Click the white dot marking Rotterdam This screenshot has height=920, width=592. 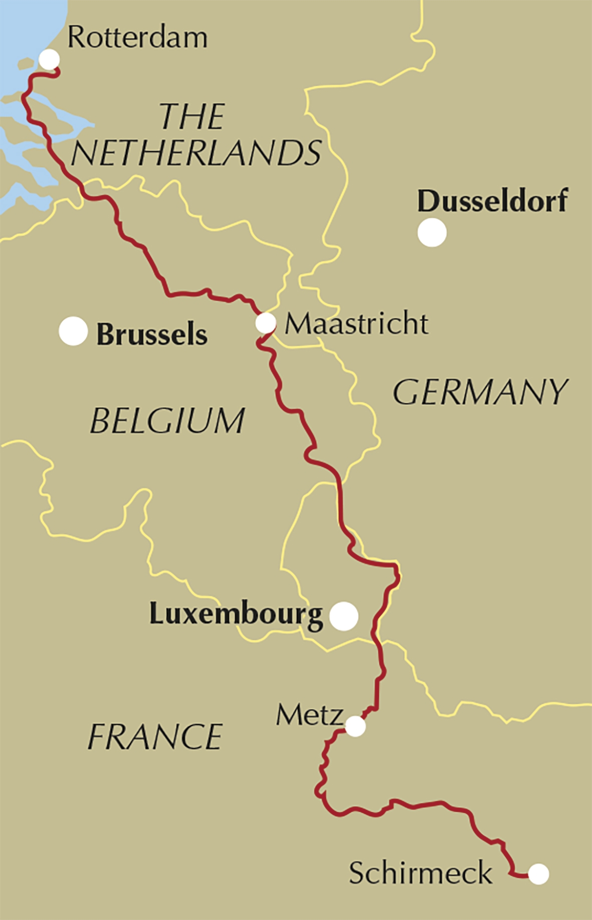(x=49, y=60)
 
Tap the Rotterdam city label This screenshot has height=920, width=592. (x=137, y=38)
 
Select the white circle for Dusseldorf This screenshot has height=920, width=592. (x=432, y=232)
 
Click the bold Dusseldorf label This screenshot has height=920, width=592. (x=492, y=201)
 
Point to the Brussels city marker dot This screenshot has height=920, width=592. (x=73, y=331)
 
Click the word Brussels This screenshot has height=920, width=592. (x=151, y=334)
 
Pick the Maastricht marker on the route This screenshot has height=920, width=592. (x=265, y=323)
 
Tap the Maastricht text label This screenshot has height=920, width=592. (x=356, y=324)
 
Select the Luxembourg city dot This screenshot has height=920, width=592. (x=344, y=616)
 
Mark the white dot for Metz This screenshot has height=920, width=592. (x=355, y=726)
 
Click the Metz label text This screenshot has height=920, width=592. (x=309, y=715)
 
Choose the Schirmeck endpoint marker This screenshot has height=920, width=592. (x=538, y=874)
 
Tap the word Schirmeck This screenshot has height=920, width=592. (x=420, y=873)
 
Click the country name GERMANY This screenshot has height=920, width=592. (x=480, y=392)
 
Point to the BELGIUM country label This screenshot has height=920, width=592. (x=167, y=421)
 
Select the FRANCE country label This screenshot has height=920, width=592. (x=155, y=737)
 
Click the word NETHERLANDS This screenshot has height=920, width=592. (x=196, y=153)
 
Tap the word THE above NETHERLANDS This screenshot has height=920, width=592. (x=192, y=117)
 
